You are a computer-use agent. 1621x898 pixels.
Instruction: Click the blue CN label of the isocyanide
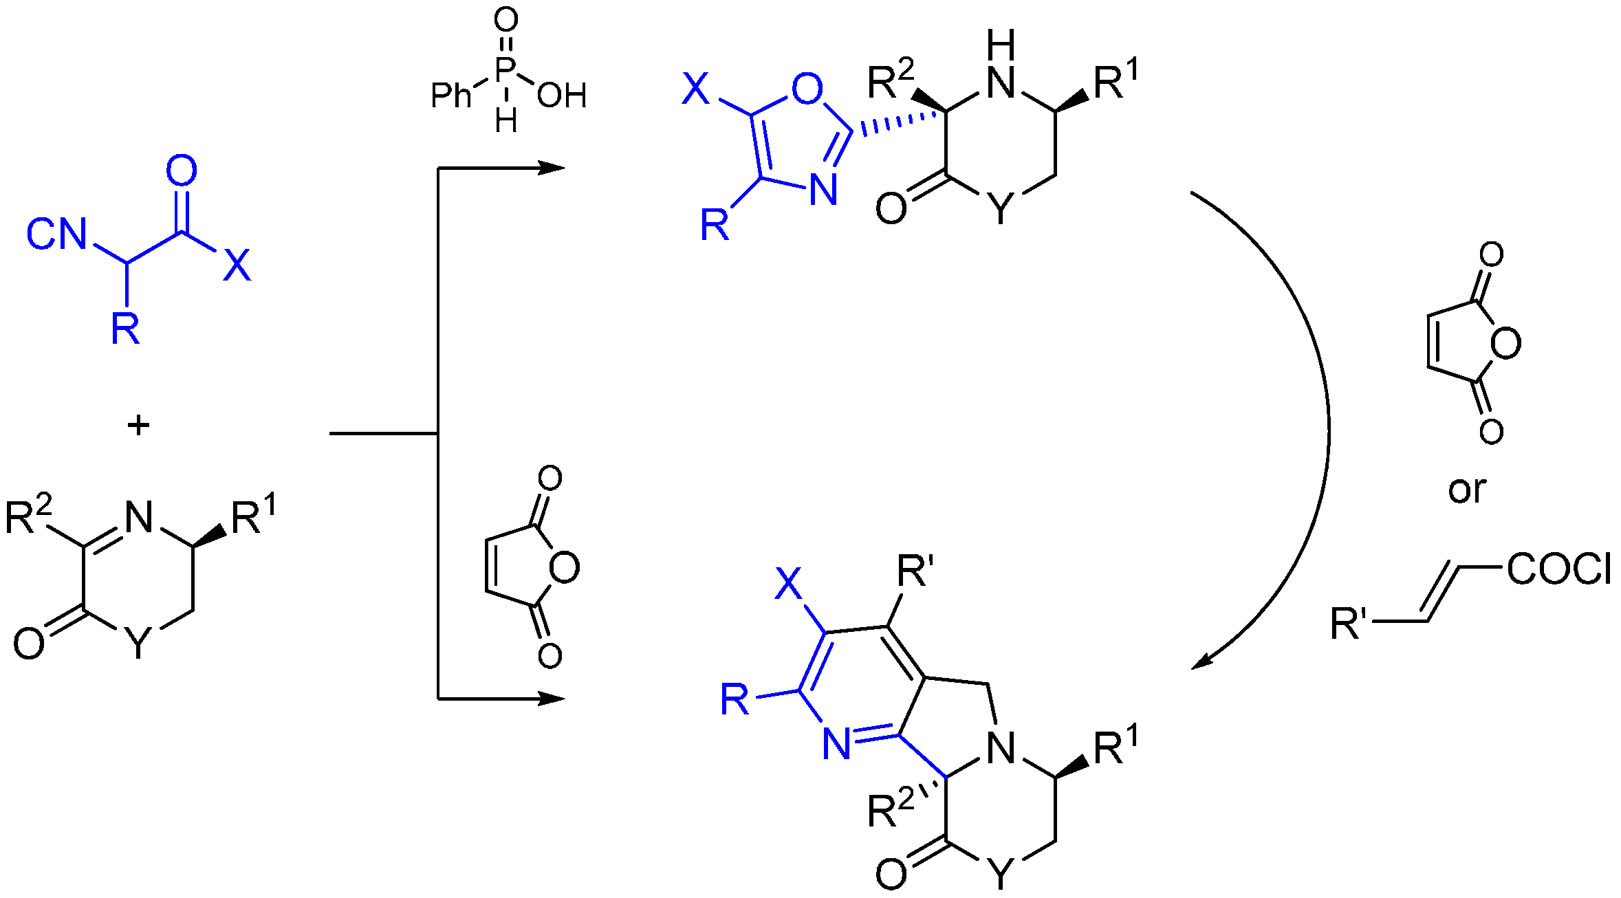pos(57,234)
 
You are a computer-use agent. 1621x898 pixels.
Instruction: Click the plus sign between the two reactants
pos(138,426)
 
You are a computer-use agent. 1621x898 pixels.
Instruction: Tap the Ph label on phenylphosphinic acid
pos(451,95)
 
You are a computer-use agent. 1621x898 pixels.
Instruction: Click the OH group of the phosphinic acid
pos(562,96)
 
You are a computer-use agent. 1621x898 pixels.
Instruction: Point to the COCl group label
pos(1559,569)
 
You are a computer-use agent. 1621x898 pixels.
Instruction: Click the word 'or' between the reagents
pos(1467,490)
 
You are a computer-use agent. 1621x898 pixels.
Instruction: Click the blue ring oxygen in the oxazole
pos(807,88)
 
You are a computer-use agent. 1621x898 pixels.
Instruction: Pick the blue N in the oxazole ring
pos(823,189)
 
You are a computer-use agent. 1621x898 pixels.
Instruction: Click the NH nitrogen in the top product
pos(1001,83)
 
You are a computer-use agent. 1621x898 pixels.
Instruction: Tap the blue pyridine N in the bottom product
pos(836,744)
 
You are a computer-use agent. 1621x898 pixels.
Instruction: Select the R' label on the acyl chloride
pos(1349,624)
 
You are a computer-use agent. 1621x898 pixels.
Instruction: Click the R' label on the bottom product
pos(915,571)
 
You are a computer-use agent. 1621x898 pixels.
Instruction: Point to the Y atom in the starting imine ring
pos(138,644)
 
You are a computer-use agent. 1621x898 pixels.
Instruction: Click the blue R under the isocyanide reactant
pos(125,329)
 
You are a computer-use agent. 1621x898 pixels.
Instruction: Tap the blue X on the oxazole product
pos(695,89)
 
